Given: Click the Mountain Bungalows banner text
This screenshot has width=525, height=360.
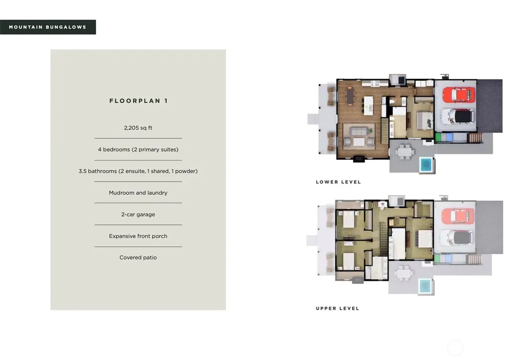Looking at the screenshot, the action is (x=48, y=27).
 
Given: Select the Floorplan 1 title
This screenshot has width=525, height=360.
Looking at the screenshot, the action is (x=138, y=101).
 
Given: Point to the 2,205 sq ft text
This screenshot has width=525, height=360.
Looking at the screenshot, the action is (x=138, y=128).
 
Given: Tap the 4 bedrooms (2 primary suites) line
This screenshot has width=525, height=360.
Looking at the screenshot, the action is (x=138, y=149).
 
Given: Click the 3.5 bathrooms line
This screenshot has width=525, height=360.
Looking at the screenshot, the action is (x=138, y=171).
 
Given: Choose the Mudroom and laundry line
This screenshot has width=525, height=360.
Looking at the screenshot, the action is (x=138, y=192).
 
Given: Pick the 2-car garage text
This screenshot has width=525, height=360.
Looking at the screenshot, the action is (x=138, y=214).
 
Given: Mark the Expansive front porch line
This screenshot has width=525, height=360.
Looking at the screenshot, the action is (x=138, y=236).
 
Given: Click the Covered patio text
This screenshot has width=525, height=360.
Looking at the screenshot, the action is (x=138, y=257).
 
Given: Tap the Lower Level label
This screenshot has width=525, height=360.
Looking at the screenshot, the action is (x=338, y=182).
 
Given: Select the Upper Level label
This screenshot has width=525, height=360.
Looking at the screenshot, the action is (x=337, y=308).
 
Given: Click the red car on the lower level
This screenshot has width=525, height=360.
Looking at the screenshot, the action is (x=458, y=94).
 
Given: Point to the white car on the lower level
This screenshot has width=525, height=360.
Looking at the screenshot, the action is (x=457, y=116).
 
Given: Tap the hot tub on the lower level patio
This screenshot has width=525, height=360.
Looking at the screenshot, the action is (x=426, y=165).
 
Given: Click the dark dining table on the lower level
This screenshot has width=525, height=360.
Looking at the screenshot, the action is (x=350, y=96).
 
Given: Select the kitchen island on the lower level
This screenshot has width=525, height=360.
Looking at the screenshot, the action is (x=368, y=106).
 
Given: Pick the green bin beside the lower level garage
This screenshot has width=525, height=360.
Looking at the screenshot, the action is (x=438, y=137).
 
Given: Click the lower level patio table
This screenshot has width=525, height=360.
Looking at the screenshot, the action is (x=405, y=151).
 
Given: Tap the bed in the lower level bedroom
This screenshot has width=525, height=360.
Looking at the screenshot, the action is (x=424, y=121).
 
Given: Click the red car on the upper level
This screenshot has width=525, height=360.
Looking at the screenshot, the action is (x=458, y=216).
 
